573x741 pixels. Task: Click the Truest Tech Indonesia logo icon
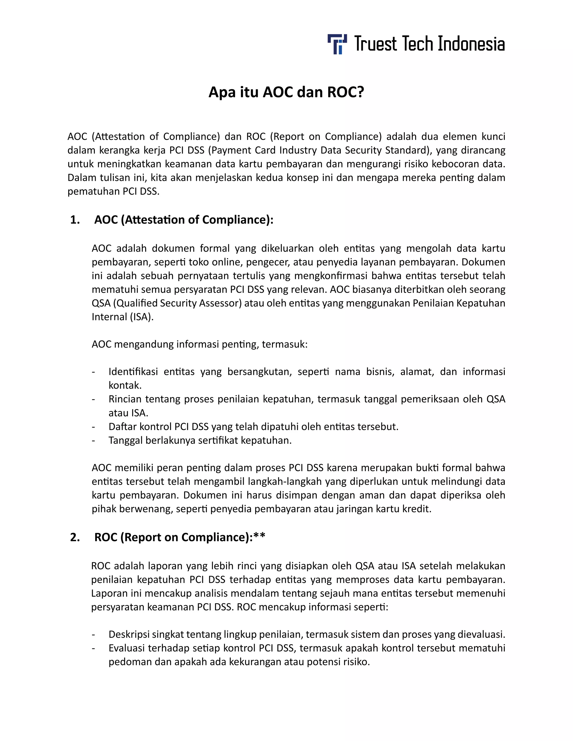click(337, 44)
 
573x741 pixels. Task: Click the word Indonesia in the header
click(471, 44)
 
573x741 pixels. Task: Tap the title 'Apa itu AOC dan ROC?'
click(286, 92)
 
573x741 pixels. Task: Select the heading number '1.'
click(75, 220)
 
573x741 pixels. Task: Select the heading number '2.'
click(75, 537)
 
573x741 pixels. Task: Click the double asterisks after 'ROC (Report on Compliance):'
click(259, 536)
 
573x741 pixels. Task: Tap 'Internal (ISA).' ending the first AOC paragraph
click(123, 317)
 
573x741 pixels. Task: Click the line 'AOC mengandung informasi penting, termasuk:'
click(199, 344)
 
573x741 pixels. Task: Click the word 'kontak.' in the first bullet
click(125, 385)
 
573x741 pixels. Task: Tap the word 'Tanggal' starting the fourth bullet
click(126, 440)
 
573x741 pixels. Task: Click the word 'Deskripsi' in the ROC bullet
click(129, 634)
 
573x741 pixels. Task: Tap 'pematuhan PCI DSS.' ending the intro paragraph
click(113, 191)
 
